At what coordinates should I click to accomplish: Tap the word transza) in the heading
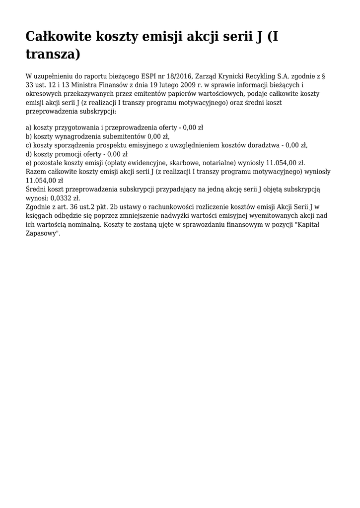pos(53,54)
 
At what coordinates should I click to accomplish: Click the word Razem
pos(36,171)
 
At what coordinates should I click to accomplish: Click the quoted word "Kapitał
pos(311,224)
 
